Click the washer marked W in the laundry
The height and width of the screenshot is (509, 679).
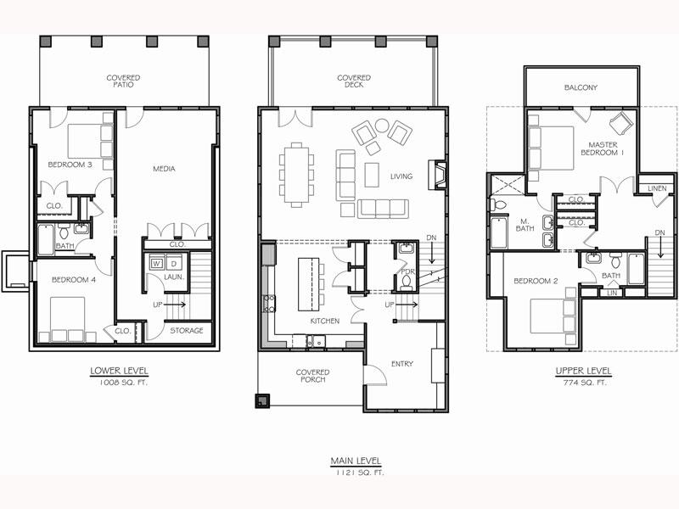pyautogui.click(x=156, y=263)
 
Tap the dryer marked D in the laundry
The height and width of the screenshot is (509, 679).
pyautogui.click(x=174, y=263)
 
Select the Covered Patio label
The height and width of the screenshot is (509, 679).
pyautogui.click(x=123, y=81)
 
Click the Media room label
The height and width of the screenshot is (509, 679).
pyautogui.click(x=164, y=169)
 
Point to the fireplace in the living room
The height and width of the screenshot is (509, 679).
pyautogui.click(x=437, y=175)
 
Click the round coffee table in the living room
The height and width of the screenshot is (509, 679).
pyautogui.click(x=382, y=126)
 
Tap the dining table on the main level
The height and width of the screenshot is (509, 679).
pyautogui.click(x=296, y=175)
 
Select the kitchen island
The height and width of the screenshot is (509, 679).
pyautogui.click(x=308, y=284)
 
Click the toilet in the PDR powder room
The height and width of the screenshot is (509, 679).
pyautogui.click(x=407, y=282)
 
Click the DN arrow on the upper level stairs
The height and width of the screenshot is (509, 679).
pyautogui.click(x=660, y=248)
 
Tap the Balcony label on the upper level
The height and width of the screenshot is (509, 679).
pyautogui.click(x=581, y=87)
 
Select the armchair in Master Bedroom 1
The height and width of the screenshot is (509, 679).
pyautogui.click(x=621, y=121)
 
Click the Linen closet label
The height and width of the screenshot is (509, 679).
pyautogui.click(x=657, y=188)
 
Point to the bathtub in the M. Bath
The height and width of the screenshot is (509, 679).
pyautogui.click(x=499, y=233)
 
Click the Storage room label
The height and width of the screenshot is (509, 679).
pyautogui.click(x=187, y=331)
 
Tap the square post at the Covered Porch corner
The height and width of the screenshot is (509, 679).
pyautogui.click(x=262, y=400)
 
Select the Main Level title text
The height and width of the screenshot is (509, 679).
pyautogui.click(x=356, y=461)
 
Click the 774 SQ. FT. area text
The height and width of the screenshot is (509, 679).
pyautogui.click(x=584, y=383)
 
